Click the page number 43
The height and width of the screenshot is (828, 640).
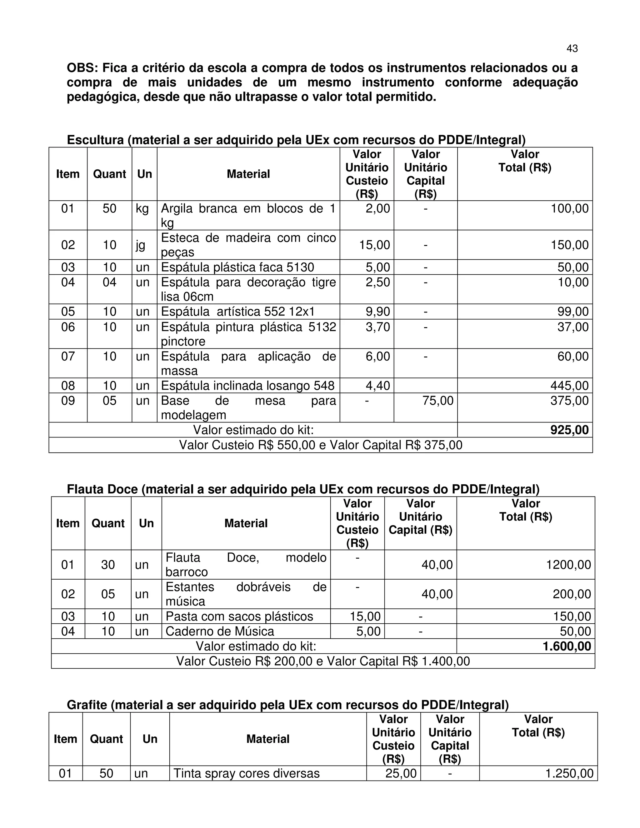(x=572, y=48)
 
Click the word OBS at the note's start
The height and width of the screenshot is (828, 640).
(x=82, y=68)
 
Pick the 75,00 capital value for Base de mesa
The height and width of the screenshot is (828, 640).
(x=437, y=401)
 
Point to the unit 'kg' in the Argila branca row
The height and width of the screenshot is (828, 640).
(x=142, y=208)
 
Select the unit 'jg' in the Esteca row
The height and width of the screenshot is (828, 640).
(x=140, y=245)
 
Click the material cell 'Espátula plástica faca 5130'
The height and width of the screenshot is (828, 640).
(x=237, y=267)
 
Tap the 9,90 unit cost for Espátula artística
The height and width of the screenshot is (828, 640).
(x=377, y=312)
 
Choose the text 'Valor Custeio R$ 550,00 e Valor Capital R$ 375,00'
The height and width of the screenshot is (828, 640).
(x=320, y=445)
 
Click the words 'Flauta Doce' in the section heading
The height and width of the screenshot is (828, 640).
(x=102, y=489)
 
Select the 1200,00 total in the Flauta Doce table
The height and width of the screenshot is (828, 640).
(x=568, y=565)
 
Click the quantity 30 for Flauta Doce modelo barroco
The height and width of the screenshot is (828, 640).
(x=108, y=565)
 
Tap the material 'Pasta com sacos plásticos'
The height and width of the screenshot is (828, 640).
(x=239, y=616)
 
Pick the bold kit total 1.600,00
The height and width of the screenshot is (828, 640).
(x=567, y=646)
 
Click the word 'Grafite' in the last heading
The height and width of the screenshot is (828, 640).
(x=87, y=705)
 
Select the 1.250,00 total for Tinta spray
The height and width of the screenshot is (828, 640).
(x=569, y=773)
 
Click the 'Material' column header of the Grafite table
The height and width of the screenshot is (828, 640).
(x=268, y=739)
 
